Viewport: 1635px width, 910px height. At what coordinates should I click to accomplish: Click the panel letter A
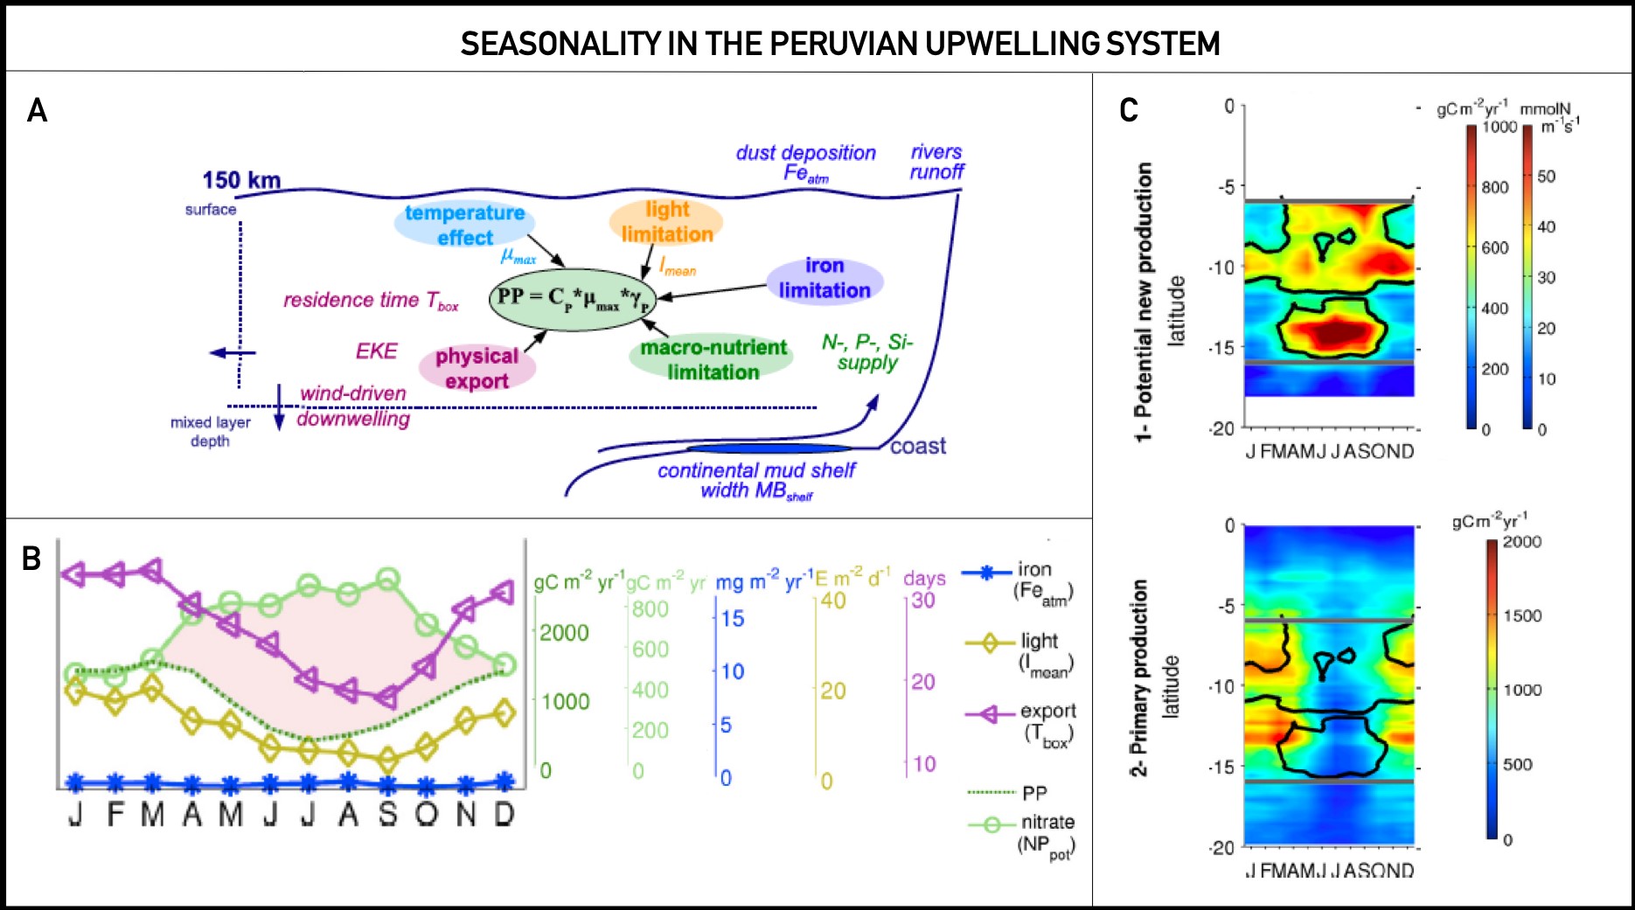coord(37,110)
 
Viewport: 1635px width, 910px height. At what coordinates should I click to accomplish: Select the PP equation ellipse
coord(573,298)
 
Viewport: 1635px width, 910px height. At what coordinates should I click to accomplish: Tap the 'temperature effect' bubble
coord(464,225)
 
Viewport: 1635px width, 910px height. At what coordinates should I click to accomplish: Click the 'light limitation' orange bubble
coord(666,222)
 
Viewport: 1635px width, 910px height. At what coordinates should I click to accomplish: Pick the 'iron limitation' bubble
coord(824,278)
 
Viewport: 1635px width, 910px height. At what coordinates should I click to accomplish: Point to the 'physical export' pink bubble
coord(477,368)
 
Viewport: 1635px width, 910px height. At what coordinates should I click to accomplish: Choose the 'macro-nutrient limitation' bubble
coord(713,359)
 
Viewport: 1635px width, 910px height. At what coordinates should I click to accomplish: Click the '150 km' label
coord(241,180)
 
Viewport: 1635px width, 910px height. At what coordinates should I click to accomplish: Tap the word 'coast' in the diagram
coord(918,446)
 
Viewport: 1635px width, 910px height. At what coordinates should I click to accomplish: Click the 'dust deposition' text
coord(805,153)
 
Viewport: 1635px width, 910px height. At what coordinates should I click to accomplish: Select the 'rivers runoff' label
coord(936,162)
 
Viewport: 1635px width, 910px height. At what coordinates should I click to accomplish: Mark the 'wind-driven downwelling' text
coord(353,406)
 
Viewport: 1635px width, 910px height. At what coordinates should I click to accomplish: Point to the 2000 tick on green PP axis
coord(564,633)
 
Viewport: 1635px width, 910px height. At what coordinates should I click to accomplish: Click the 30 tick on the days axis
coord(923,601)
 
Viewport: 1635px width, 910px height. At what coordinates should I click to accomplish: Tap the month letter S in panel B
coord(387,815)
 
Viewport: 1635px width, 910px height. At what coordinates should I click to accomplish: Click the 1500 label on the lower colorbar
coord(1522,615)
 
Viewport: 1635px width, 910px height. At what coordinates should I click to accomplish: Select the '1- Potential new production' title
coord(1143,302)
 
